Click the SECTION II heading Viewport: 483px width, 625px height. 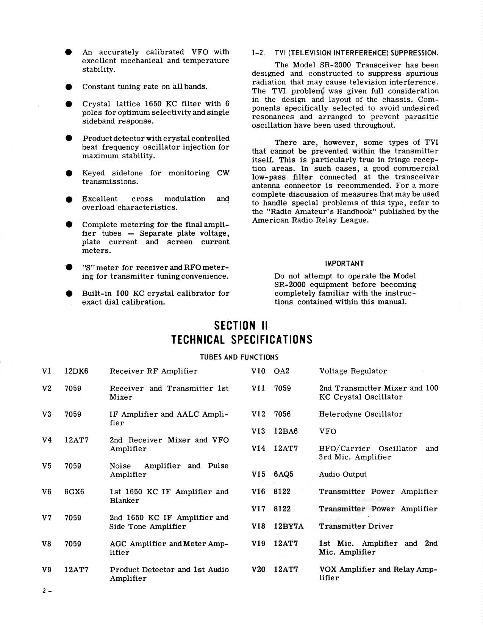241,326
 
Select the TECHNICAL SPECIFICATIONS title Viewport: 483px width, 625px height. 242,339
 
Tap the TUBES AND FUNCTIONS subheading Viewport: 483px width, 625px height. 239,357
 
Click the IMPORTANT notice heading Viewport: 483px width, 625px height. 344,264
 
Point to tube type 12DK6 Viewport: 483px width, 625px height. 76,371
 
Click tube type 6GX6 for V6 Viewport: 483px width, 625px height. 74,492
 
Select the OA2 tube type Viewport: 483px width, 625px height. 281,371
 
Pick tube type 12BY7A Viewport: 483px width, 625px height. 288,527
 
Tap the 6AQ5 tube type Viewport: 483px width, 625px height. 283,475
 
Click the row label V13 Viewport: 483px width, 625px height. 258,431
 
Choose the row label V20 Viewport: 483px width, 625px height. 258,569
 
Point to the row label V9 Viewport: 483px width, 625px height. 47,570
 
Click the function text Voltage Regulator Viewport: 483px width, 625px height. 353,371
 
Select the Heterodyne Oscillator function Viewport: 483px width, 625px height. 360,414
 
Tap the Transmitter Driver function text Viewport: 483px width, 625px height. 356,527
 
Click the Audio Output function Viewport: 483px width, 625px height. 342,475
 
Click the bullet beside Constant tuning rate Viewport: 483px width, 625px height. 69,87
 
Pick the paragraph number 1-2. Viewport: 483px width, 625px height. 258,53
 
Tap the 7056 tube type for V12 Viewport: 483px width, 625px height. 282,414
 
